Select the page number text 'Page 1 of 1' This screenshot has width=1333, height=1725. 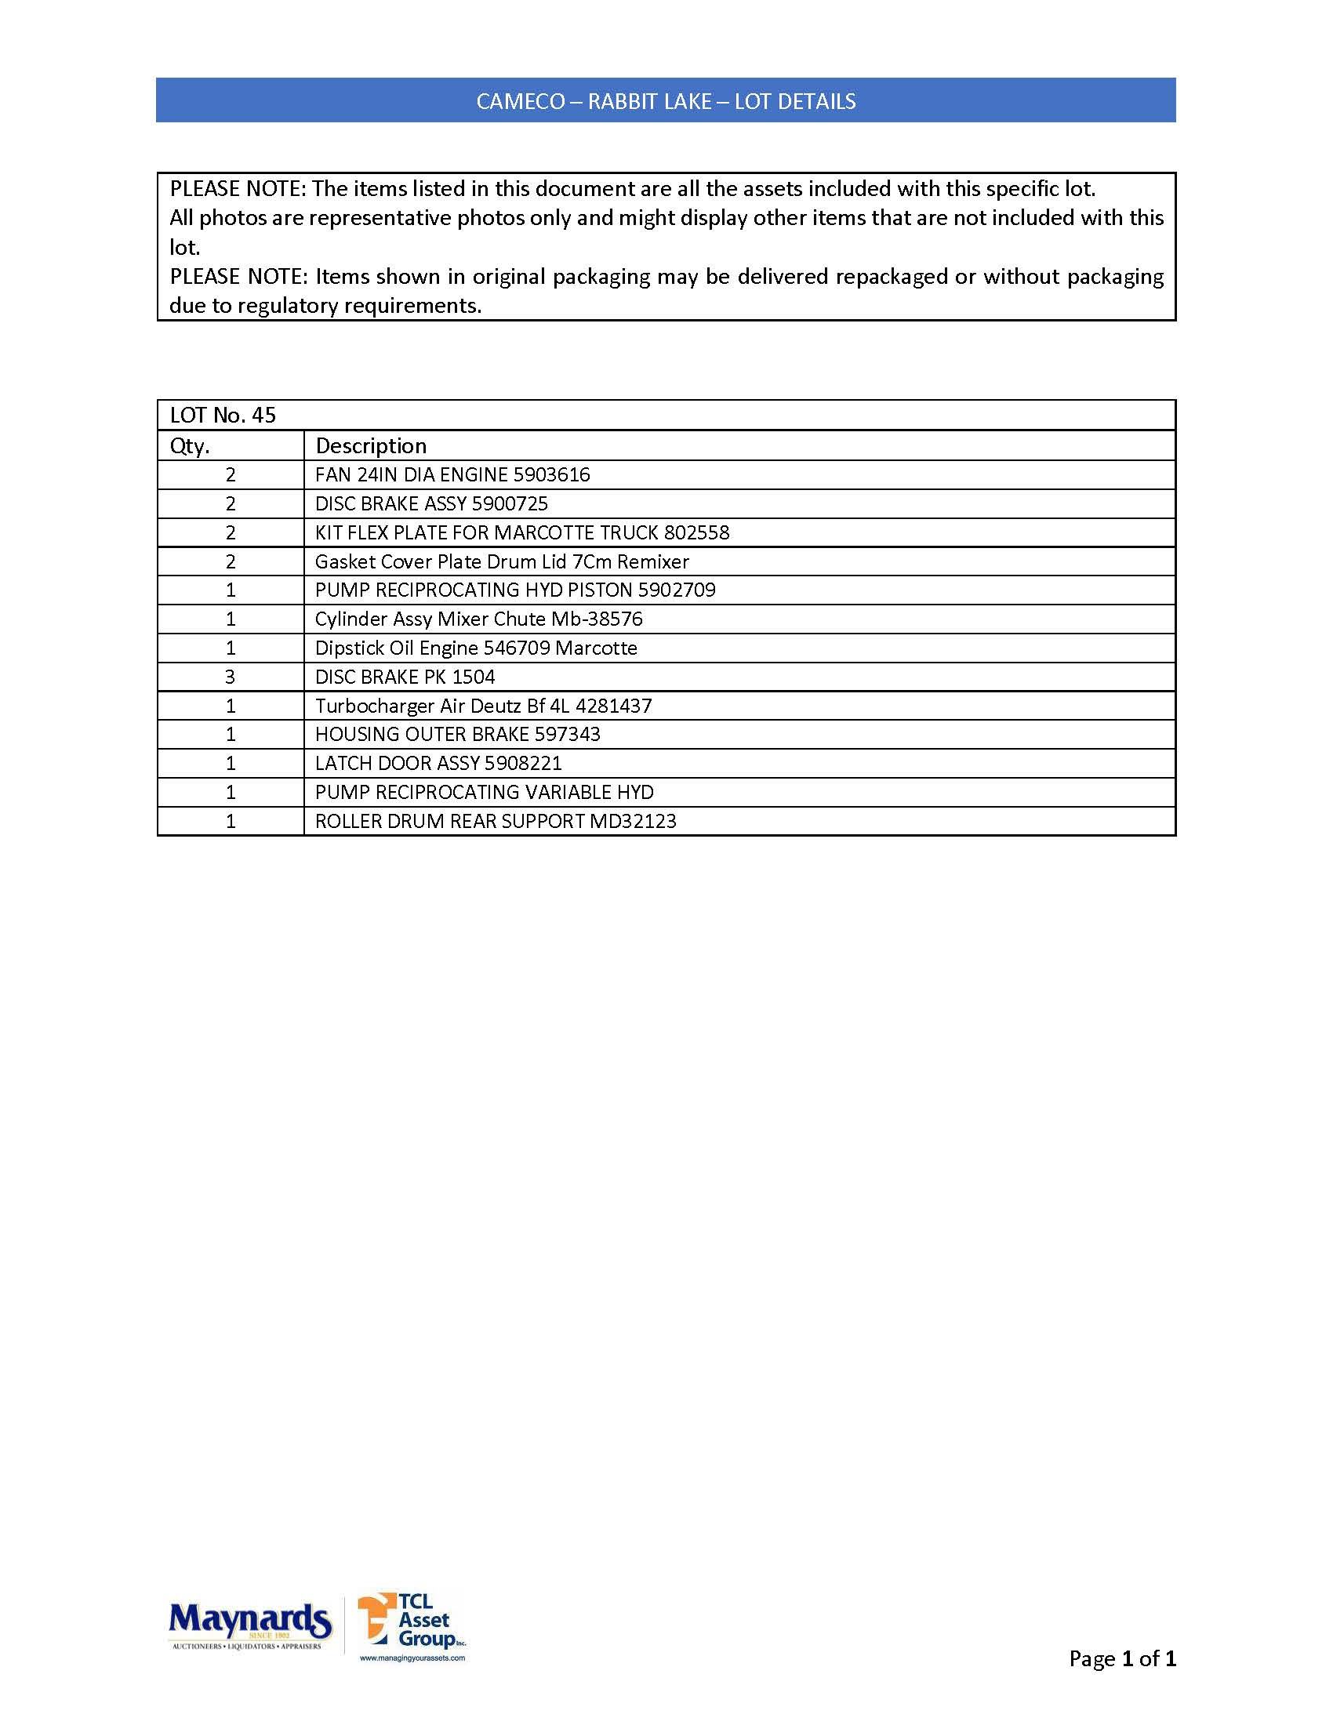[1121, 1658]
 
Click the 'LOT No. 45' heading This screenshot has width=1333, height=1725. [223, 416]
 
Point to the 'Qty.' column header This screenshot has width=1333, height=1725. [190, 445]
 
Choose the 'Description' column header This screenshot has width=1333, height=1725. [370, 445]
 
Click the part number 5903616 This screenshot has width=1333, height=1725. [551, 474]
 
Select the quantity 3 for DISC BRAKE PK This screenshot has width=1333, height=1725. [230, 677]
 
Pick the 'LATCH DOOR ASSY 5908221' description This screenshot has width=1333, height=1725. [438, 763]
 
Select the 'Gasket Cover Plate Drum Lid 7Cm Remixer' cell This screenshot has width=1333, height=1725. [502, 561]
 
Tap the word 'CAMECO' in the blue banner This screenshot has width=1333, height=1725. [521, 101]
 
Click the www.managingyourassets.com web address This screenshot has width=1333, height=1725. [412, 1658]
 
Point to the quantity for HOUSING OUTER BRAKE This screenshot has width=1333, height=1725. [230, 735]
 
